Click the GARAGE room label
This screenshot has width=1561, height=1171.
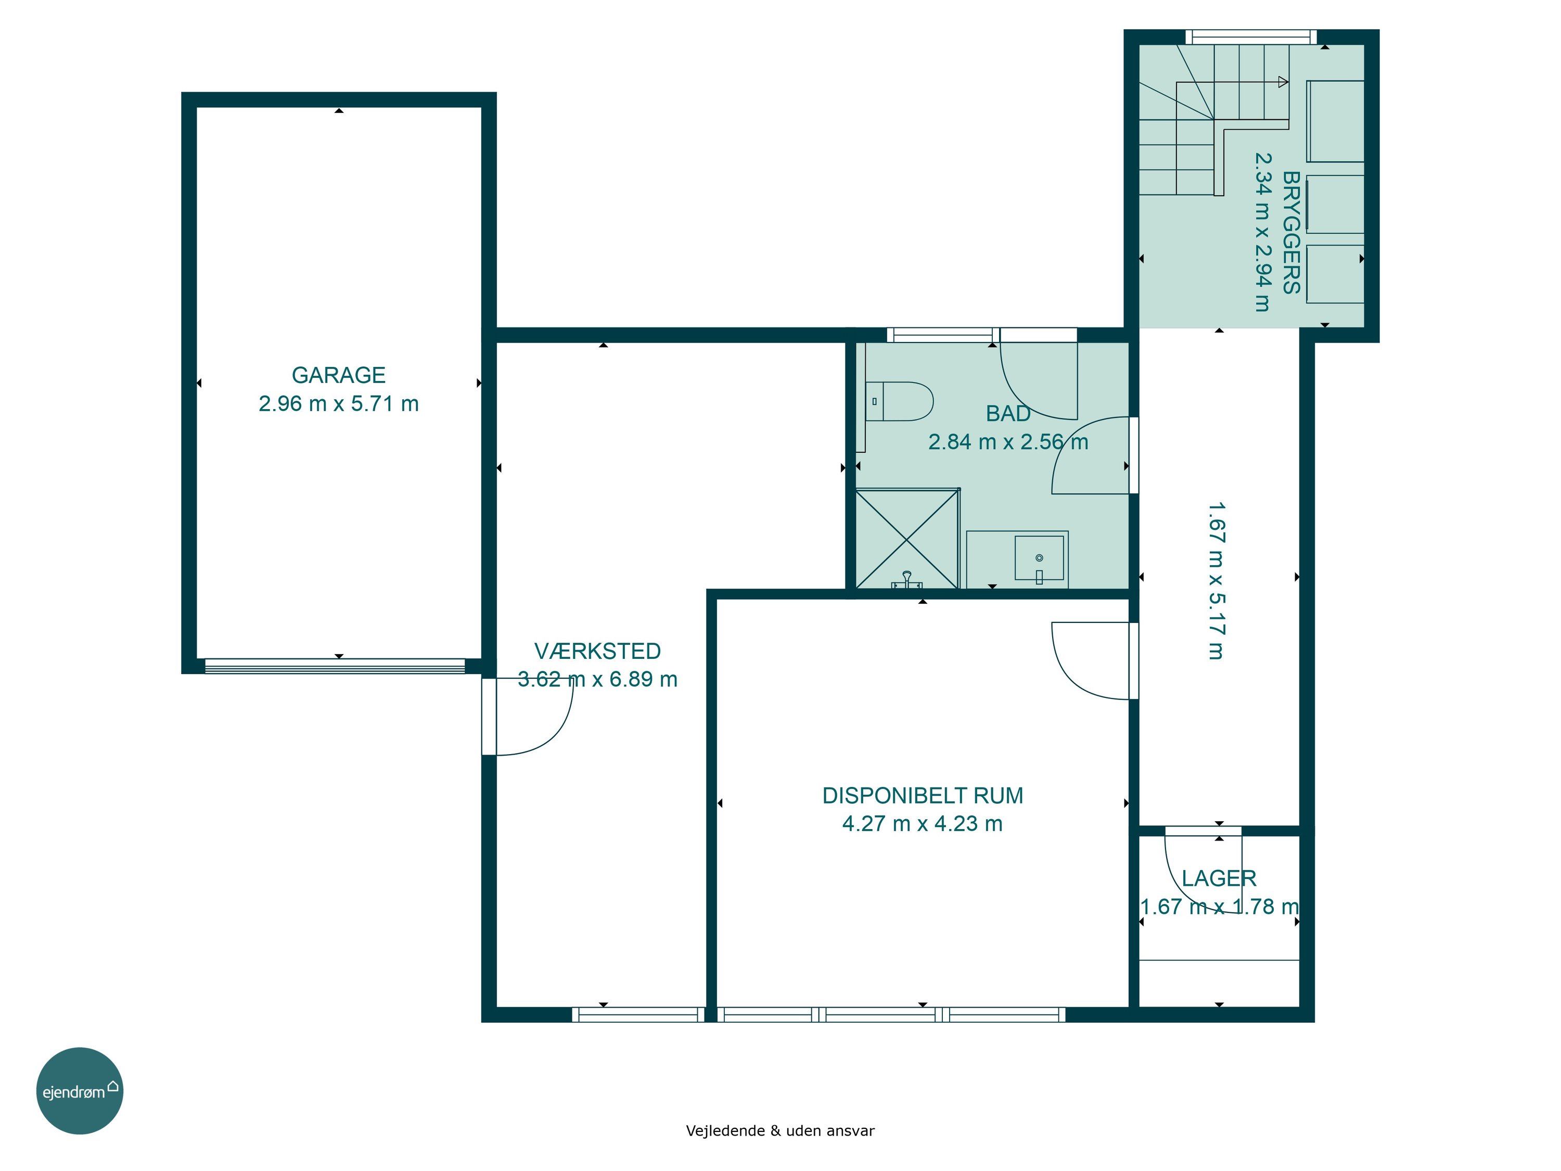click(x=339, y=375)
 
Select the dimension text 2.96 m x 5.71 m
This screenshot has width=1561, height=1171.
click(x=339, y=404)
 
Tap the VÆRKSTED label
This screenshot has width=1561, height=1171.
click(x=598, y=651)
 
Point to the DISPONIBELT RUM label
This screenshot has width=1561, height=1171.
click(x=923, y=795)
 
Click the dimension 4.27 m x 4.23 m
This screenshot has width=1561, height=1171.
click(x=923, y=824)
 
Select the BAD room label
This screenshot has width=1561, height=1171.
click(x=1008, y=414)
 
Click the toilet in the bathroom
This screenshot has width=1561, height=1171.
click(x=899, y=402)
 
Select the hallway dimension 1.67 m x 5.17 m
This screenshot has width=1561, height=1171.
click(x=1217, y=581)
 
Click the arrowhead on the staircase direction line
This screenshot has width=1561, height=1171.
click(x=1283, y=82)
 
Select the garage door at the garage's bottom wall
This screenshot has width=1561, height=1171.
click(x=335, y=666)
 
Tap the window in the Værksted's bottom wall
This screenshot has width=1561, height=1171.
click(x=638, y=1014)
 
